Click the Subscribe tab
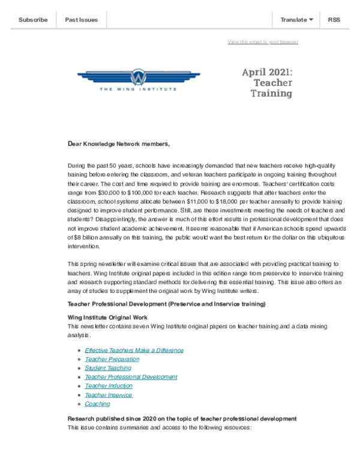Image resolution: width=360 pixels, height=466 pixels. pos(33,20)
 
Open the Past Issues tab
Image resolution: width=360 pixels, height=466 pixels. pos(81,20)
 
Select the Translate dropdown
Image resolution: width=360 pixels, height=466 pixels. pos(296,20)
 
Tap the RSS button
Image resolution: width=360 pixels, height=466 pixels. pos(334,20)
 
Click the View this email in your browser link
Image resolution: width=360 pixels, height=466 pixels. pos(263,41)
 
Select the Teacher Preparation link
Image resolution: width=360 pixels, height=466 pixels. pos(112,359)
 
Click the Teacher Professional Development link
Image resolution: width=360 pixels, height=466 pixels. pos(131,377)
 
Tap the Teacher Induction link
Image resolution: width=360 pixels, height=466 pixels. pos(109,386)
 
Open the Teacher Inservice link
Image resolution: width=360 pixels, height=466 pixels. pos(108,395)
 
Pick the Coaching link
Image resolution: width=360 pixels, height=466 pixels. pos(97,404)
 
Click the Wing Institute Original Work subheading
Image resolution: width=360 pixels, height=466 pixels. pos(107,316)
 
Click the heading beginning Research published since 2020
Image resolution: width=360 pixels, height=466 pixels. pos(181,418)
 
